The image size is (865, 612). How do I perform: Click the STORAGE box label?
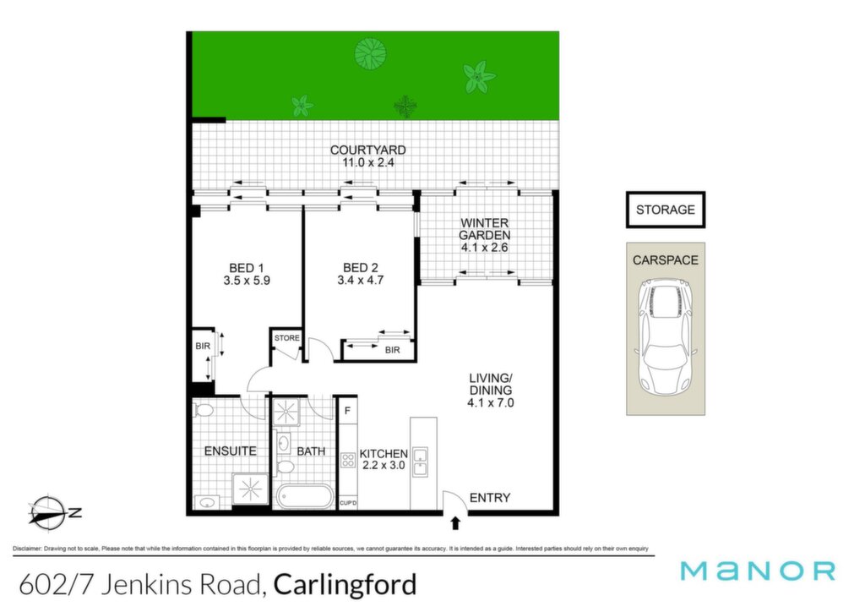pyautogui.click(x=666, y=210)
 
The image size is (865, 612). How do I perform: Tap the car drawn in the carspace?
pyautogui.click(x=666, y=336)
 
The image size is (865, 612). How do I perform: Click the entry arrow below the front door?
pyautogui.click(x=455, y=523)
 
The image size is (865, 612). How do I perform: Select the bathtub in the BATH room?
pyautogui.click(x=304, y=496)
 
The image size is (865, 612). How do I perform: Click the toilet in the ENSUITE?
pyautogui.click(x=203, y=410)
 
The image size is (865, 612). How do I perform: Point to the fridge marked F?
pyautogui.click(x=347, y=411)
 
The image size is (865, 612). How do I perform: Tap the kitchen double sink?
pyautogui.click(x=420, y=462)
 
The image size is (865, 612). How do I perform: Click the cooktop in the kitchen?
pyautogui.click(x=347, y=460)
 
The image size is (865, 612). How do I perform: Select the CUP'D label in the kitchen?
pyautogui.click(x=348, y=503)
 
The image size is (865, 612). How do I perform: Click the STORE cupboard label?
pyautogui.click(x=287, y=338)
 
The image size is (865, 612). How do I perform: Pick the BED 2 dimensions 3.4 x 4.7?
pyautogui.click(x=360, y=281)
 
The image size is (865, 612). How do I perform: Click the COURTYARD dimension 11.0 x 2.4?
pyautogui.click(x=368, y=163)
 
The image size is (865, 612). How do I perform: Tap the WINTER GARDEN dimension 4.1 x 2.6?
pyautogui.click(x=484, y=248)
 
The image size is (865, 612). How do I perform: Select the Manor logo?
pyautogui.click(x=758, y=571)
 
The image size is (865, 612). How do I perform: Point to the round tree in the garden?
pyautogui.click(x=370, y=53)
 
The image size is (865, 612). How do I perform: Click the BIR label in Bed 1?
pyautogui.click(x=203, y=346)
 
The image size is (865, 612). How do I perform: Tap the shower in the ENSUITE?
pyautogui.click(x=250, y=489)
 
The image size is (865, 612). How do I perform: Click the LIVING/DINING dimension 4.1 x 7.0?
pyautogui.click(x=491, y=403)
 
